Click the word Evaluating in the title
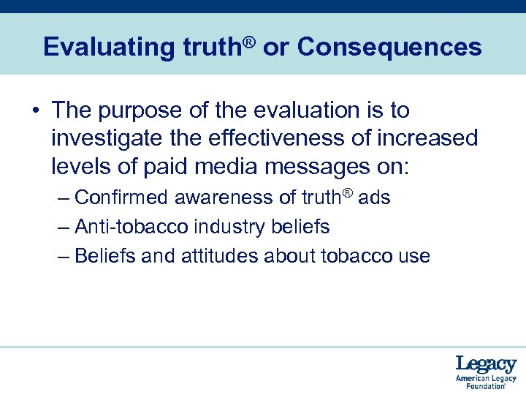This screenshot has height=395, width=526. [x=108, y=48]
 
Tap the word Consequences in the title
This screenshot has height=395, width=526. [x=389, y=47]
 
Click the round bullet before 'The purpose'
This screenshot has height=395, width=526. [x=36, y=111]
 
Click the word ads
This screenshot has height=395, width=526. [x=375, y=198]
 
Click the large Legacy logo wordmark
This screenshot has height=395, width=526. [x=486, y=364]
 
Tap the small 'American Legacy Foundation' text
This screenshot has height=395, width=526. [x=486, y=382]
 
